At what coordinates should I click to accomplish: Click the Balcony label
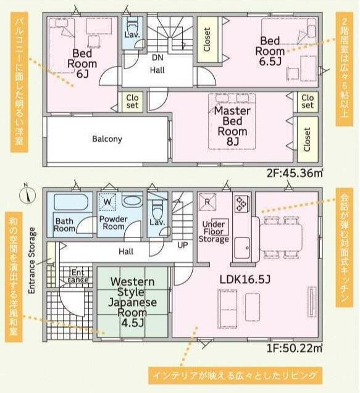coord(107,139)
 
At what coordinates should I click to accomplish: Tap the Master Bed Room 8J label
coord(232,126)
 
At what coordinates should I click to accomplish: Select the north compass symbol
coord(28,194)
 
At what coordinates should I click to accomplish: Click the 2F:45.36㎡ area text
coord(295,173)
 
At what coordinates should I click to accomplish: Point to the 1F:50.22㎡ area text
coord(295,348)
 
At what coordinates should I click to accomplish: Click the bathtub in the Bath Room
coord(71,202)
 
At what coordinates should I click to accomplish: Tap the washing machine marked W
coord(107,202)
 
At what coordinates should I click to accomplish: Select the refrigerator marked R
coord(207,202)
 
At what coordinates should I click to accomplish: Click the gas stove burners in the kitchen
coord(241,203)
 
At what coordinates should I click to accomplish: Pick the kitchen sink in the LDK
coord(242,247)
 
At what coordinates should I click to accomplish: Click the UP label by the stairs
coord(182,245)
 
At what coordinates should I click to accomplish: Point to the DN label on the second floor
coord(157,57)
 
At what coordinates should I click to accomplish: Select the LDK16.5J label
coord(245,279)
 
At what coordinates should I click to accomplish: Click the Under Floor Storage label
coord(214,231)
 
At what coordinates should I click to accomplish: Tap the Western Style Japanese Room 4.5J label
coord(133,302)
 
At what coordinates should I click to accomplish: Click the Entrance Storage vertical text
coord(32,260)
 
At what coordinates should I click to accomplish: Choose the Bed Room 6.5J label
coord(270,51)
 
